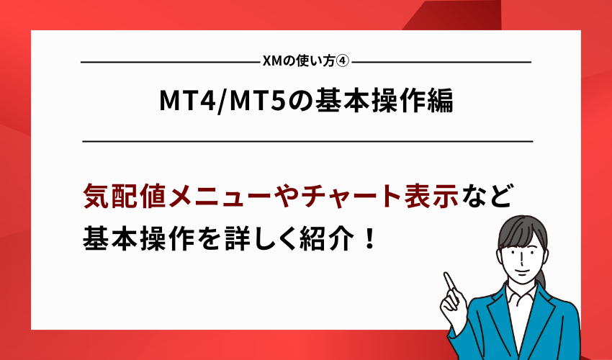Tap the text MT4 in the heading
coord(186,102)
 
